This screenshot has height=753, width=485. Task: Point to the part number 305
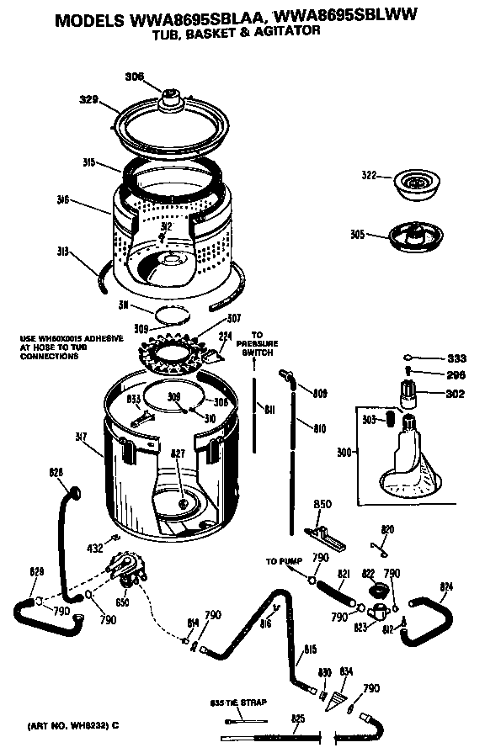[x=359, y=235]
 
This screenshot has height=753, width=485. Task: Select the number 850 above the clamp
[x=323, y=504]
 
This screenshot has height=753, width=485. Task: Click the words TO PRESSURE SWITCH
[x=258, y=343]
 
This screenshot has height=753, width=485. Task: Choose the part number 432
[x=94, y=548]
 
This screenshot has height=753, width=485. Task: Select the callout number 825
[x=297, y=718]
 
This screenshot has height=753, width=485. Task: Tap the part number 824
[x=446, y=586]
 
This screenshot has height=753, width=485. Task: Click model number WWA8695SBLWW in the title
[x=346, y=15]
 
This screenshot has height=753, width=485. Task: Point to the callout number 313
[x=63, y=251]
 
